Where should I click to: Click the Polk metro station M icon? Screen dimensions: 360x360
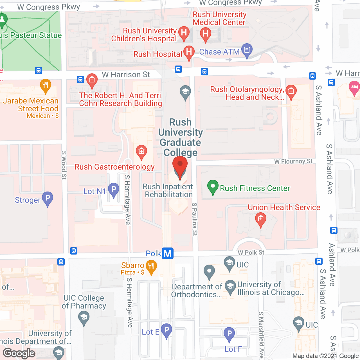[x=168, y=253]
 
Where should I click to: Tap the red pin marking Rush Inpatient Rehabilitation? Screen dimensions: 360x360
[x=180, y=166]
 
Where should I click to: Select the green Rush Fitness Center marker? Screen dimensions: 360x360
[x=213, y=186]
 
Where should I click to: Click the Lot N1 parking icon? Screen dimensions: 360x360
[x=114, y=190]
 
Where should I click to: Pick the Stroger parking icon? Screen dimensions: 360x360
[x=48, y=198]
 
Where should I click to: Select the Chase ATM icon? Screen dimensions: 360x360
[x=247, y=50]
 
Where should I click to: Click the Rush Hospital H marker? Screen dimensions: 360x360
[x=189, y=52]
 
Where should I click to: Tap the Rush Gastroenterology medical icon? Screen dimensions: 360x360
[x=141, y=152]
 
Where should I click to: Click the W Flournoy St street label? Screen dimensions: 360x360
[x=293, y=161]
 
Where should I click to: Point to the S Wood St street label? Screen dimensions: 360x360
[x=64, y=165]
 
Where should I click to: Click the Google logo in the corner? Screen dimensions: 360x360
[x=19, y=353]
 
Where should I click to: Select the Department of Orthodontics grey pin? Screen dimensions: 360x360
[x=209, y=271]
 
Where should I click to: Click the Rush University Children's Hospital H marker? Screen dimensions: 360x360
[x=184, y=33]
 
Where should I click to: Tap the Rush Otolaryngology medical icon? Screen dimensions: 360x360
[x=291, y=91]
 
